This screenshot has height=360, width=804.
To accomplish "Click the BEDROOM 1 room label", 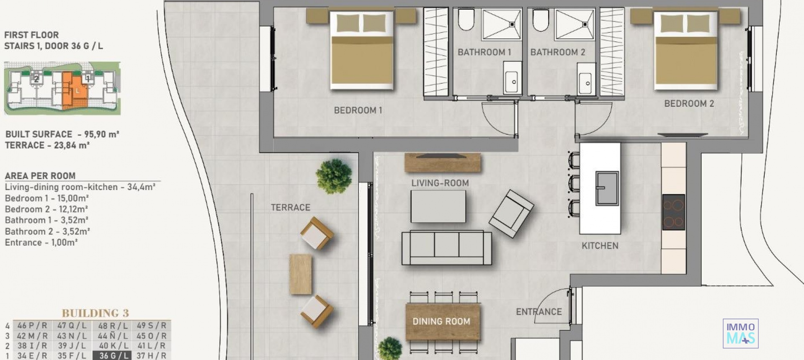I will [x=358, y=111].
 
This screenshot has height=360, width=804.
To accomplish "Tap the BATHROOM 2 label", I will [x=557, y=52].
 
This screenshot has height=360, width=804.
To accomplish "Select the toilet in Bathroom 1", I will [x=466, y=20].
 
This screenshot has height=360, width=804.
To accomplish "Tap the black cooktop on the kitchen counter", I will [x=673, y=212].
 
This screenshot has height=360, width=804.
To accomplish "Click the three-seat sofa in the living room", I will [x=446, y=247].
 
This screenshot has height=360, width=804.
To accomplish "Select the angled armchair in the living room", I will [x=511, y=213].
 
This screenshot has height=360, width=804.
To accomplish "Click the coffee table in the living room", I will [x=438, y=206].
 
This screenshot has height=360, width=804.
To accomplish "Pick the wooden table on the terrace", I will [x=301, y=274].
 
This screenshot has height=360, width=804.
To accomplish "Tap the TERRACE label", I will [x=291, y=208].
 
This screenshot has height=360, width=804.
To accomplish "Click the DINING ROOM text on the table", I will [x=441, y=321].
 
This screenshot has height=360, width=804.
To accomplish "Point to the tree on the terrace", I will [x=334, y=176].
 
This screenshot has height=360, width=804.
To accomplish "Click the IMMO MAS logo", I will [x=740, y=334].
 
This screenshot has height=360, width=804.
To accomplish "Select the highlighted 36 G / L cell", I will [x=113, y=355].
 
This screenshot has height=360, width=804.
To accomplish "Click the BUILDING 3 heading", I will [x=95, y=313].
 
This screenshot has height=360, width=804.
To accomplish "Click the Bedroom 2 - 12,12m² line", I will [x=46, y=209].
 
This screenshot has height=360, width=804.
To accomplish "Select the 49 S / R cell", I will [x=152, y=326].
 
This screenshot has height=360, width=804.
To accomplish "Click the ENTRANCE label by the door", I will [x=539, y=312].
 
